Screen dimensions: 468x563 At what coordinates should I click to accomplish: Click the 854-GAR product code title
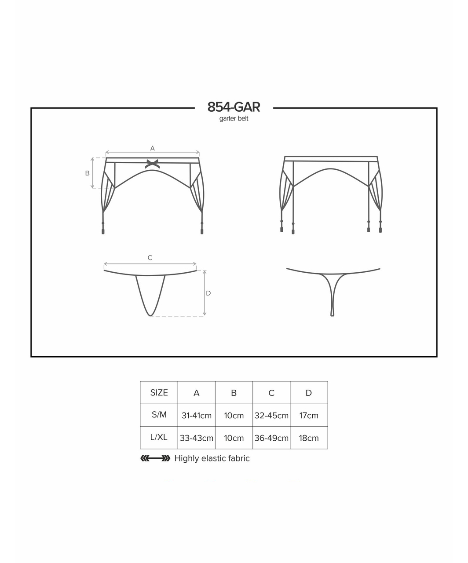[x=234, y=107]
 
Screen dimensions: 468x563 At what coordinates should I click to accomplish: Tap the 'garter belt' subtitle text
[x=234, y=119]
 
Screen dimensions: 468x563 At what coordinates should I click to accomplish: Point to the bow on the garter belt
[x=152, y=164]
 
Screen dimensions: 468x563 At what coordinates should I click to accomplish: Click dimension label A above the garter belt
[x=152, y=148]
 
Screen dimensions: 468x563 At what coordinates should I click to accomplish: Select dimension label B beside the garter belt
[x=88, y=173]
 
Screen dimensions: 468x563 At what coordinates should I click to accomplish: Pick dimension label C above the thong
[x=150, y=258]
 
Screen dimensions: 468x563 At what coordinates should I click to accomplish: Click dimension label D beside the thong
[x=208, y=293]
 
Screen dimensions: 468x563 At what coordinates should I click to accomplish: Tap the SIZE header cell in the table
[x=159, y=393]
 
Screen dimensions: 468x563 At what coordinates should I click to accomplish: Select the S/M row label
[x=159, y=415]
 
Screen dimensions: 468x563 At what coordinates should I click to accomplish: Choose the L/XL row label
[x=159, y=437]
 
